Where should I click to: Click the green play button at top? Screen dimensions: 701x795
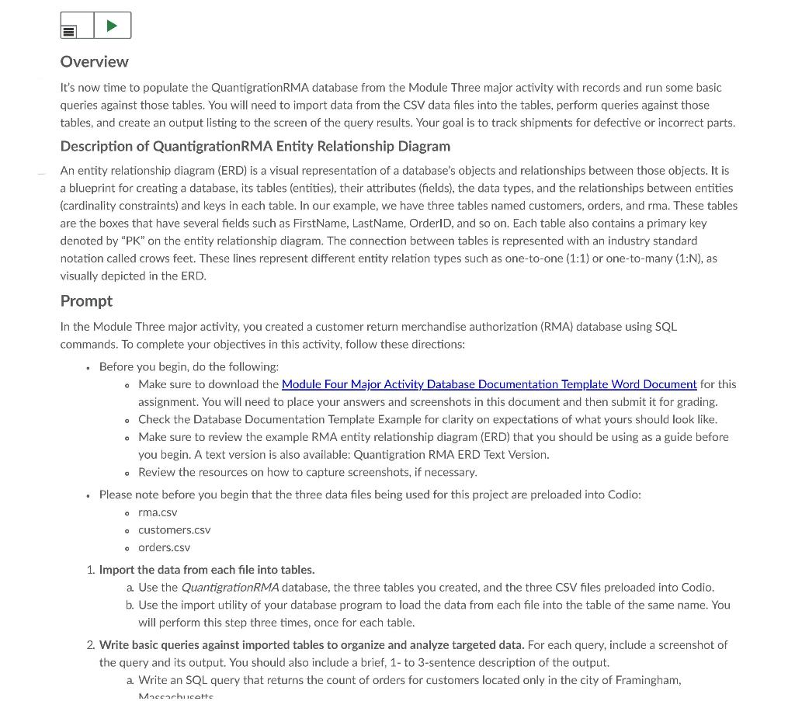(x=112, y=26)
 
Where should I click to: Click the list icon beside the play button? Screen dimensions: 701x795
(x=69, y=31)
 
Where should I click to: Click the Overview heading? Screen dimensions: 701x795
(x=94, y=61)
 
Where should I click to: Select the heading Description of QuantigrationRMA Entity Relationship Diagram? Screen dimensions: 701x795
(x=255, y=146)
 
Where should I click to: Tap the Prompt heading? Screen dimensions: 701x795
(x=86, y=300)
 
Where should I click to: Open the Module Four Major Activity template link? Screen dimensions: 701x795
(x=488, y=384)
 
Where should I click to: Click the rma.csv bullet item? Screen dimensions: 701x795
(x=158, y=512)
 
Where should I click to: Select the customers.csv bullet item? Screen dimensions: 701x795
(x=174, y=529)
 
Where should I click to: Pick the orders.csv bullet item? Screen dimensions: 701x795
(x=164, y=547)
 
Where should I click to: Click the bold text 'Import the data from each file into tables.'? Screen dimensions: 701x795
(x=207, y=570)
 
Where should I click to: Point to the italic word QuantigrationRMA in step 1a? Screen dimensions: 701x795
(x=229, y=587)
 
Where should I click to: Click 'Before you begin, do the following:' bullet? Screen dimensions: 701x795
(x=189, y=366)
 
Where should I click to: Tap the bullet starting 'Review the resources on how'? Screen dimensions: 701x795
(x=307, y=472)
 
